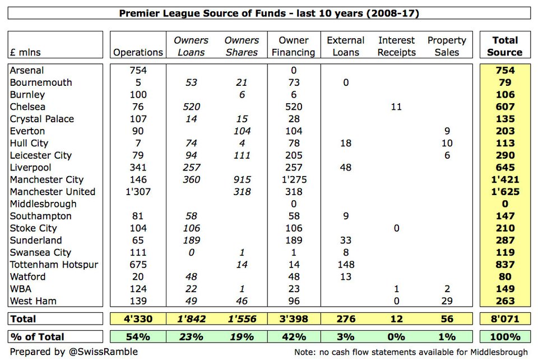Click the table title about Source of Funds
pos(269,13)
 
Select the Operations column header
pos(138,52)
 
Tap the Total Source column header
pos(504,46)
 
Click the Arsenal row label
pos(27,70)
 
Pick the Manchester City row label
pos(47,179)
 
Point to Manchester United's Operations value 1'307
pos(138,192)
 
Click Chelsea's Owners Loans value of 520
pos(191,107)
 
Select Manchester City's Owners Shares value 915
pos(241,179)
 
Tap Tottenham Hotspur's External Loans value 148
pos(345,265)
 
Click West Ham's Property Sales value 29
pos(446,301)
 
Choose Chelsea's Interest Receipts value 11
pos(396,107)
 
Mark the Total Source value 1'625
pos(504,192)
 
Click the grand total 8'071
pos(504,319)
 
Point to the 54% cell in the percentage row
pos(138,337)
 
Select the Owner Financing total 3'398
pos(294,319)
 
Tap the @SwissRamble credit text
pos(73,352)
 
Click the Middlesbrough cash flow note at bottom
pos(411,352)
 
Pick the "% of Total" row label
pos(37,337)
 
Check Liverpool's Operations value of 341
pos(138,167)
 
